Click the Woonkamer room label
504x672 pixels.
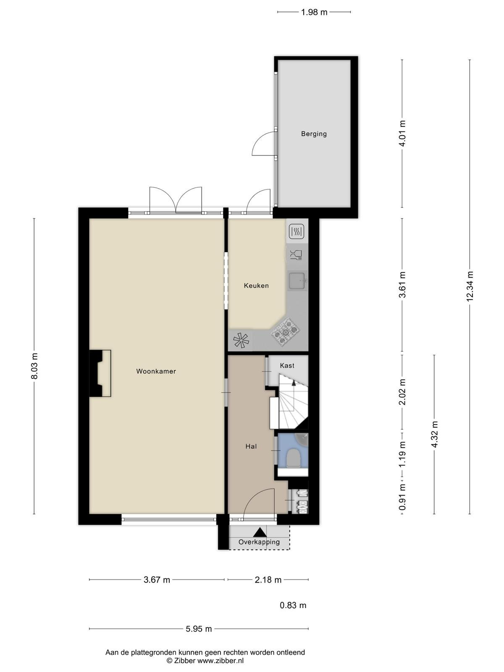pos(156,371)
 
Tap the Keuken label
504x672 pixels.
pos(257,286)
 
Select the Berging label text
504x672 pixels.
pos(314,134)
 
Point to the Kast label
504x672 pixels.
pos(287,365)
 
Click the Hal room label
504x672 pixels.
pos(251,446)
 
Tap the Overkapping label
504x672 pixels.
pos(259,542)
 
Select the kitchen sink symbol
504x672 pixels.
pos(297,281)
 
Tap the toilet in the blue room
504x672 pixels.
pos(294,458)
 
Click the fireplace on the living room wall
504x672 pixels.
pos(100,373)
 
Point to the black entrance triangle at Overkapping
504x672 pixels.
pos(260,532)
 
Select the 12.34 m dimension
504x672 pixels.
pos(470,286)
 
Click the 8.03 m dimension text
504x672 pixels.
pos(34,366)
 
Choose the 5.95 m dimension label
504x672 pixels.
pos(199,629)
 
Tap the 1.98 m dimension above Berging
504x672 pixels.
pos(314,12)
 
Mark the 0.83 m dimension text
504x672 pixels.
pos(293,605)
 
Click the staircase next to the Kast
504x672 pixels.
pos(293,401)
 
